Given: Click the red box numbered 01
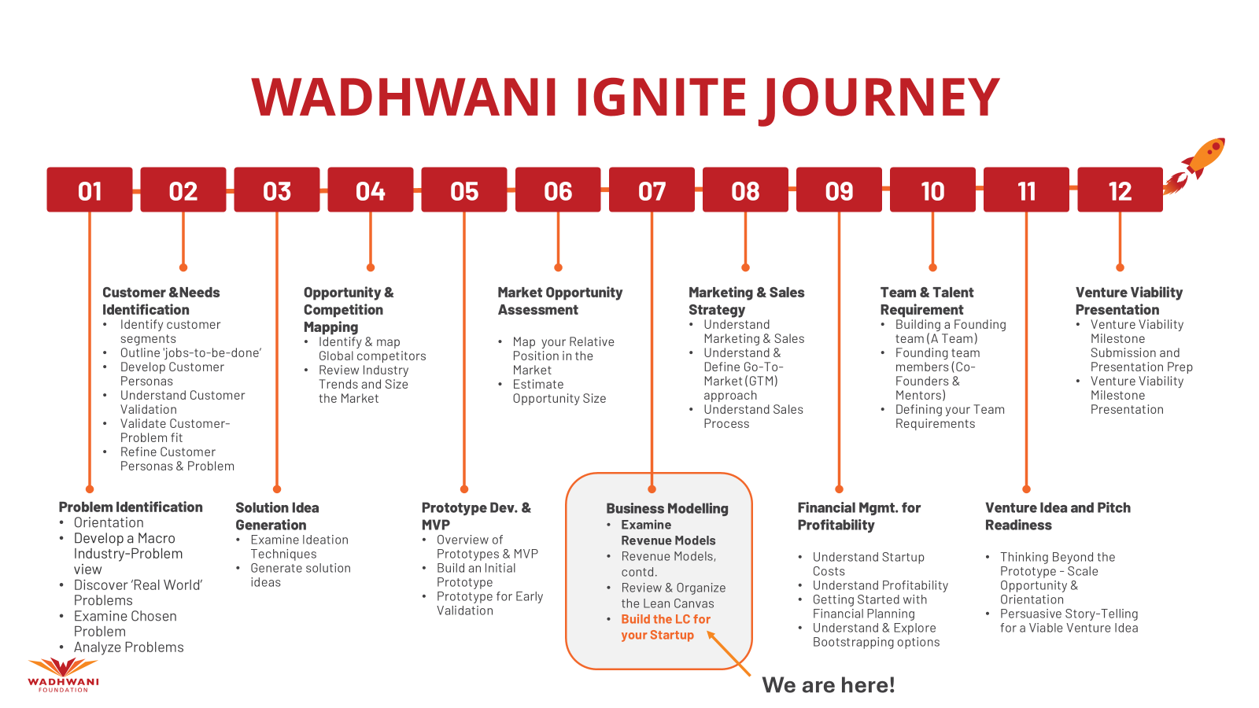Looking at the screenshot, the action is (x=90, y=190).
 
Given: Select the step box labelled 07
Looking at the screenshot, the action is (x=652, y=190).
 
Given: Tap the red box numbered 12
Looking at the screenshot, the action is (x=1120, y=190).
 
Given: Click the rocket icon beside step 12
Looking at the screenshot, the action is (x=1194, y=166).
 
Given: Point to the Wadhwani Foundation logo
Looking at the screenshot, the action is (x=63, y=675).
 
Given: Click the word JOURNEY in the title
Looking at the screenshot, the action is (x=880, y=98).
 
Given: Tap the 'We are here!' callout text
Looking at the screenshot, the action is (x=828, y=685).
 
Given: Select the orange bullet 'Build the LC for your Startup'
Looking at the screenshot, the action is (x=666, y=627).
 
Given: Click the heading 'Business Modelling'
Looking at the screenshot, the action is (x=667, y=508).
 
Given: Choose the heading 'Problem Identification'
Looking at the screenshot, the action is (x=131, y=507).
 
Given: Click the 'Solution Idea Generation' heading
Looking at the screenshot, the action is (x=277, y=516).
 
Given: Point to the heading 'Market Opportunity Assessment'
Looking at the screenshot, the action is (x=559, y=301).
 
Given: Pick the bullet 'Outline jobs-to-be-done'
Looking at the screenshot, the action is (x=190, y=353).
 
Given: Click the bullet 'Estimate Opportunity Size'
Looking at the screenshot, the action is (x=559, y=392).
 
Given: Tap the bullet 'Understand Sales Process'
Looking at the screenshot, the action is (x=753, y=416).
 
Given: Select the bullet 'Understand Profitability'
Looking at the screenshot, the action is (x=881, y=585).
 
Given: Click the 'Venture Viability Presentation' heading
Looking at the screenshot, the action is (x=1129, y=301).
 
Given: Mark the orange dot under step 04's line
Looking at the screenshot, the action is (x=371, y=267).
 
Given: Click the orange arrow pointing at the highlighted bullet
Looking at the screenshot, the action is (x=729, y=653).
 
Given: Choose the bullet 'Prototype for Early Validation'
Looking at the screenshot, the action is (x=489, y=603).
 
